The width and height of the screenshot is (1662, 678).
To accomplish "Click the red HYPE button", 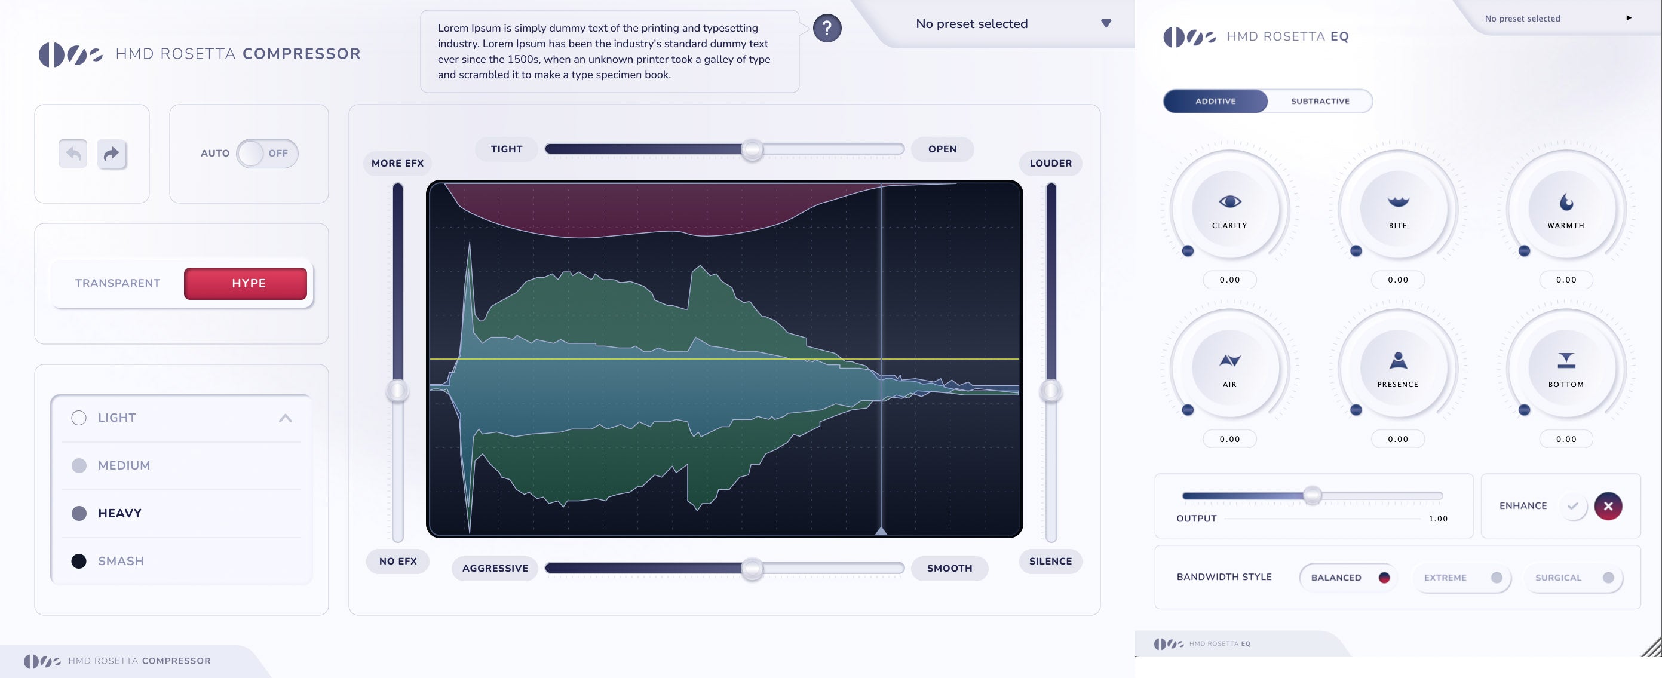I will point(245,283).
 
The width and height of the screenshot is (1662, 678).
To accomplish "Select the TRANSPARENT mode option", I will point(118,283).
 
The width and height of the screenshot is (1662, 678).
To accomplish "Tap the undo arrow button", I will point(73,154).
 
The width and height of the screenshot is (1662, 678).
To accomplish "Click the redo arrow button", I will point(112,154).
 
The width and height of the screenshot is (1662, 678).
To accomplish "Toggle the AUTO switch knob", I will point(250,154).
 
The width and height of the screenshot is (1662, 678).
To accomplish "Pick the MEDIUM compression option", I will point(79,466).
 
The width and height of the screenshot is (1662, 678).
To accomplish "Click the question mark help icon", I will point(826,29).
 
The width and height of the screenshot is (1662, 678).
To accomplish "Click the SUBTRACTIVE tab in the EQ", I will point(1320,102).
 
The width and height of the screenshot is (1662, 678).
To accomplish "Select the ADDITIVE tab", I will point(1215,102).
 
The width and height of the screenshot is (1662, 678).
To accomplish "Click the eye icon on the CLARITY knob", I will point(1229,202).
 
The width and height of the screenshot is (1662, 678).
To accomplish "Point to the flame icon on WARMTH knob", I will point(1566,203).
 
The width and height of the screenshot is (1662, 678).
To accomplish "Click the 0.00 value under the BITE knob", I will point(1397,280).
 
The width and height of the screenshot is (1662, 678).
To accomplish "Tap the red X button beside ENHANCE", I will point(1608,507).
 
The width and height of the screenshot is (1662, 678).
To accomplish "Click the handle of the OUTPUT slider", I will point(1312,495).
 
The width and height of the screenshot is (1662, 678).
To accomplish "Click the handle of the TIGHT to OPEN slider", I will point(752,150).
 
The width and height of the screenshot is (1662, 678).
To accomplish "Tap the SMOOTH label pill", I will point(949,568).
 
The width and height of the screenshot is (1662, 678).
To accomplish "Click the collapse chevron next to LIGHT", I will point(285,418).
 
